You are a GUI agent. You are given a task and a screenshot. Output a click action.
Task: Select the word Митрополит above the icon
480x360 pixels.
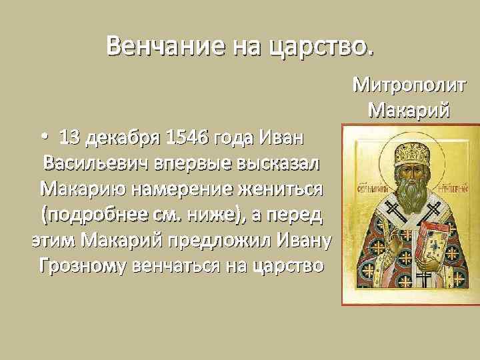pos(410,85)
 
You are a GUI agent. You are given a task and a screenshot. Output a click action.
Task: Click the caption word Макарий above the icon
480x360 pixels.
pos(410,108)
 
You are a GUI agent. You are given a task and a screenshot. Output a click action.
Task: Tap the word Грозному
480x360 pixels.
pos(83,265)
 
